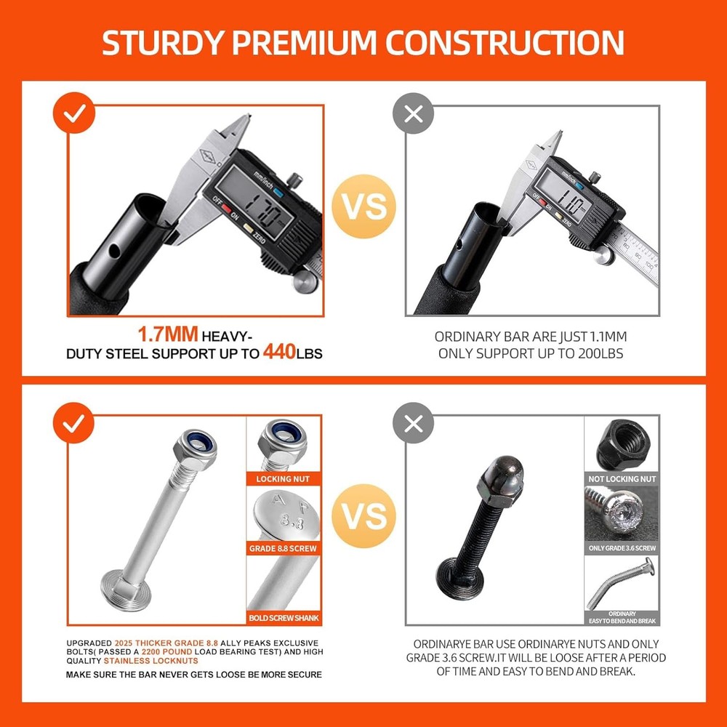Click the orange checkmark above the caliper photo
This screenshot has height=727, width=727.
(x=74, y=114)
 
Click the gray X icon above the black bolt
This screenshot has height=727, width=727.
(x=413, y=423)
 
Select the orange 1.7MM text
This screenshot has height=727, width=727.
(x=168, y=335)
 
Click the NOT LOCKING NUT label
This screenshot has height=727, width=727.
(x=622, y=479)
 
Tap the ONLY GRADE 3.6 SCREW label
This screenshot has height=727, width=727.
(x=622, y=547)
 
